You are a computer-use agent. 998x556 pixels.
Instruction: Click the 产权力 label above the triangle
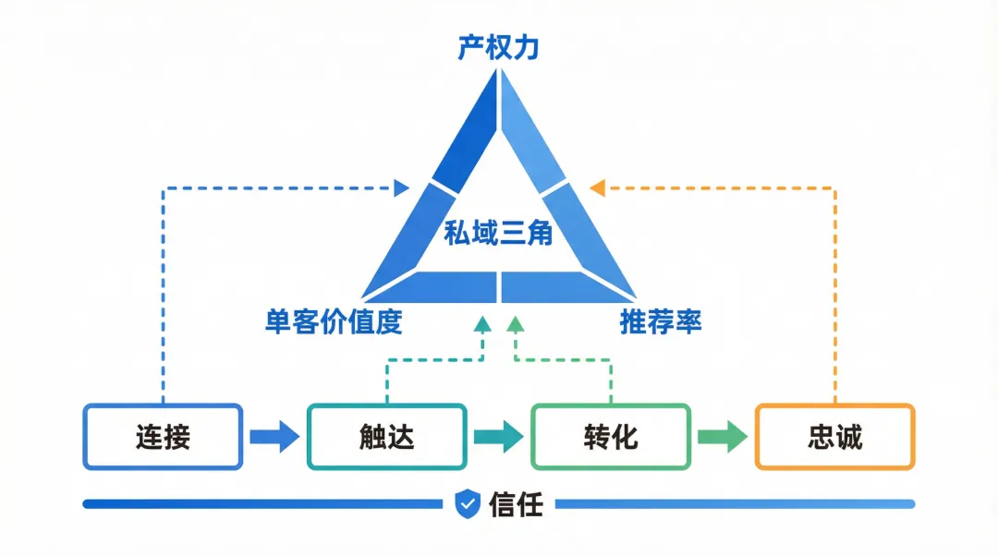tap(499, 47)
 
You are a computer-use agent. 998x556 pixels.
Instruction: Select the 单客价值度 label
tap(334, 321)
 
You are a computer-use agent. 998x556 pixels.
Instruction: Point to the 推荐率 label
tap(661, 321)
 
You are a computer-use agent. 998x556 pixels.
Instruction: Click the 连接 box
tap(163, 437)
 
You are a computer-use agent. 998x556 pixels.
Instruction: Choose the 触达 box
tap(387, 437)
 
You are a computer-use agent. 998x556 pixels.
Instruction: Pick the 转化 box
tap(611, 437)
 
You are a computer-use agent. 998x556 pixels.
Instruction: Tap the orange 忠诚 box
tap(835, 437)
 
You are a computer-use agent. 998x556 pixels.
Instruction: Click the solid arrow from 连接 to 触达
tap(274, 437)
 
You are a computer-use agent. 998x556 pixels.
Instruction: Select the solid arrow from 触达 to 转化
tap(499, 437)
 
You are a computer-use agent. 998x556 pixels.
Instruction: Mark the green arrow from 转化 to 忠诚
tap(723, 437)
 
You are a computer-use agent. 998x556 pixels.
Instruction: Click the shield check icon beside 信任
tap(469, 504)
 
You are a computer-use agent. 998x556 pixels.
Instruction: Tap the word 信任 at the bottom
tap(516, 504)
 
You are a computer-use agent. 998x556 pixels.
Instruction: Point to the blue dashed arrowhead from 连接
tap(402, 188)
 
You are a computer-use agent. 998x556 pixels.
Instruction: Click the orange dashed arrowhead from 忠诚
tap(597, 188)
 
